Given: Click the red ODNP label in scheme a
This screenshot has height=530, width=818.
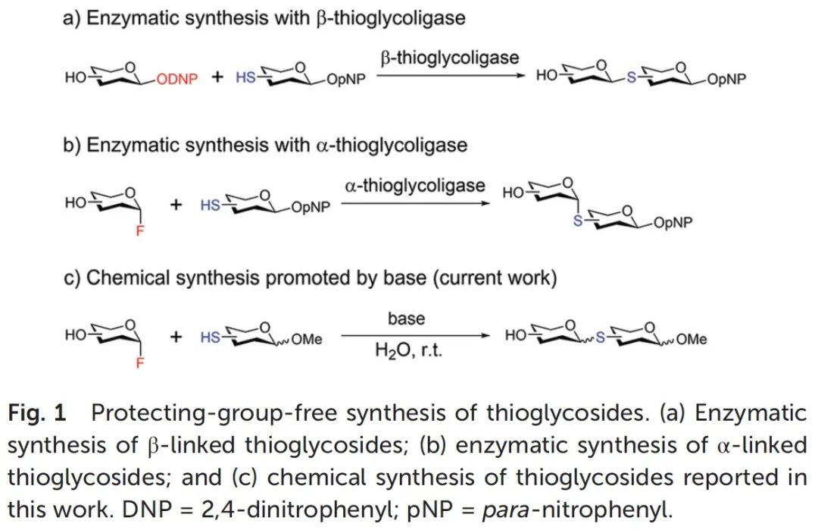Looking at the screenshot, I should (177, 79).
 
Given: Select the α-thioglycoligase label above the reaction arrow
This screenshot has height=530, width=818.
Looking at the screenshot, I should (415, 185).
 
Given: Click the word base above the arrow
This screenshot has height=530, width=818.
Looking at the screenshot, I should (407, 318).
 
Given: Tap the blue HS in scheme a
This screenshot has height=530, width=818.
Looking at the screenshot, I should (245, 77).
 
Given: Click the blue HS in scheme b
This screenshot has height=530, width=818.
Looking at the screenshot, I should (211, 205).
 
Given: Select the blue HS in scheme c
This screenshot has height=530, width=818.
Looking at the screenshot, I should (211, 338).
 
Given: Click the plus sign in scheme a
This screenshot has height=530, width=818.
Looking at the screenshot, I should (217, 77).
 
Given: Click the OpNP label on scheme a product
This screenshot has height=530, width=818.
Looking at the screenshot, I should (725, 80).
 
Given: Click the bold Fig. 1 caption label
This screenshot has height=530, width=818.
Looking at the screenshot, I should (38, 413).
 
